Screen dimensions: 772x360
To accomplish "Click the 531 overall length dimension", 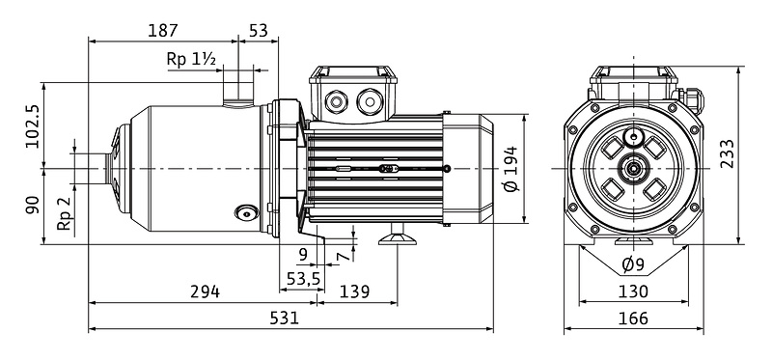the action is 284,318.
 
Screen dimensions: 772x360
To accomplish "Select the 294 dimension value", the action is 205,291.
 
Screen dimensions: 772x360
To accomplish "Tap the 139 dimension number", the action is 354,291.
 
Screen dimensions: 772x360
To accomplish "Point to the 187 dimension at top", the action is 162,31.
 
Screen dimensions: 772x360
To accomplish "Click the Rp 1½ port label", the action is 191,59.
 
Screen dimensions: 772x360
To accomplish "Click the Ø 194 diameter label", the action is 511,169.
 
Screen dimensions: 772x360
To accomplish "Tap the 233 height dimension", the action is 727,153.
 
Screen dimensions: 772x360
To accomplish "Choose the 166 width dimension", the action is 633,318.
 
